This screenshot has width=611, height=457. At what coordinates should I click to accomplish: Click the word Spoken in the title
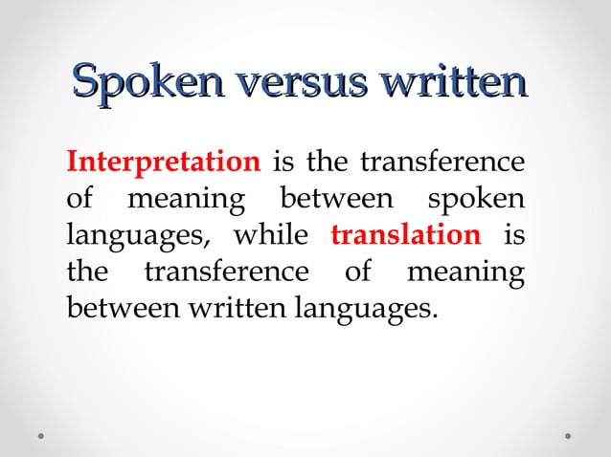pos(143,82)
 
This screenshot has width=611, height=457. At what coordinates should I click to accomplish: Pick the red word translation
pos(405,235)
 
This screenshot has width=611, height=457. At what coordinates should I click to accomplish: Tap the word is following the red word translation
pos(514,235)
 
